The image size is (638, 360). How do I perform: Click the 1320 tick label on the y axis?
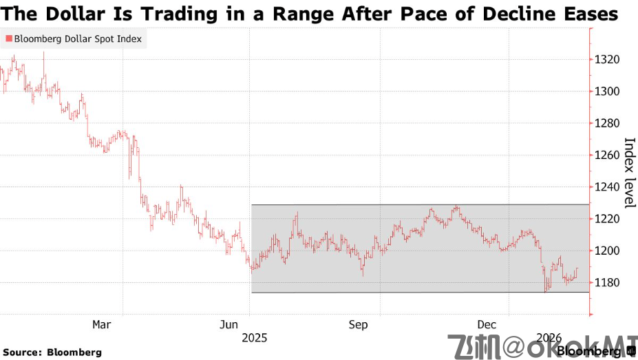click(608, 60)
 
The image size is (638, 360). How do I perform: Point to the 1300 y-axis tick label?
click(608, 92)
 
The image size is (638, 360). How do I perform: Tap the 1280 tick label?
click(608, 123)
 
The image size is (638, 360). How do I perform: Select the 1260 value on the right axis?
click(608, 155)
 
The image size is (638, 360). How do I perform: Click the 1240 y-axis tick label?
click(608, 187)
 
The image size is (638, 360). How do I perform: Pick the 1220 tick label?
click(608, 219)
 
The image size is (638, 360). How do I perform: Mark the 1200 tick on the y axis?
click(608, 251)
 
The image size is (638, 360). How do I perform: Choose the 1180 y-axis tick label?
click(608, 282)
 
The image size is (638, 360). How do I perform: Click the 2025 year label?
click(254, 338)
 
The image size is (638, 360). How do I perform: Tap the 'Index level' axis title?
click(629, 173)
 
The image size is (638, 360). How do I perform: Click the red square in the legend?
click(8, 39)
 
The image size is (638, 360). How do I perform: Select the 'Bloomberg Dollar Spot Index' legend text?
click(78, 39)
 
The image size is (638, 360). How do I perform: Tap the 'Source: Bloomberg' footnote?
click(52, 352)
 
